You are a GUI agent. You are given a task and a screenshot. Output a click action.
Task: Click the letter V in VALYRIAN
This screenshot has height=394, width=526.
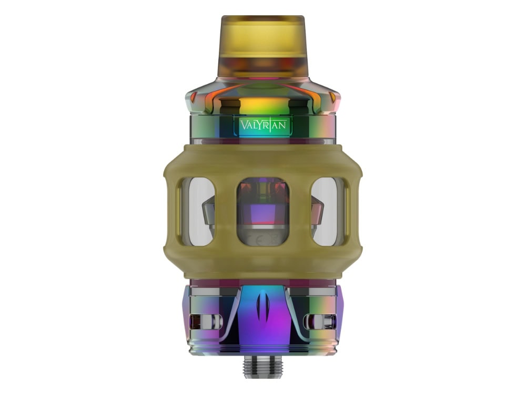[x=244, y=126]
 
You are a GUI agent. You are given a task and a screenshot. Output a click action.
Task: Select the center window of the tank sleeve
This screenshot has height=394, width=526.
[x=263, y=212]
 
